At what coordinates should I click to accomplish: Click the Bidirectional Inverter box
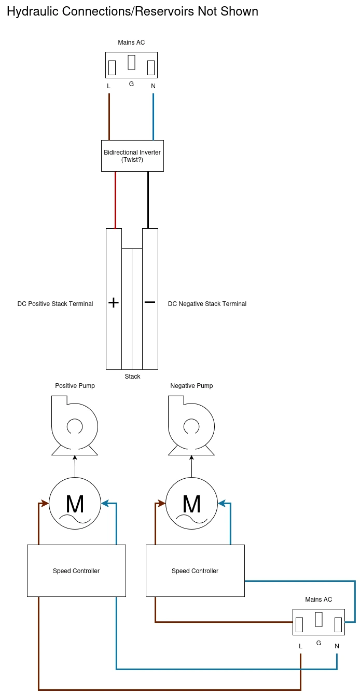pos(132,156)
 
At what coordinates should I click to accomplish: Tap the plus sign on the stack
pos(114,302)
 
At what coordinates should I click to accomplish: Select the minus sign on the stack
pos(150,302)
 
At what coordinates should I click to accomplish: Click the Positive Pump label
pos(75,386)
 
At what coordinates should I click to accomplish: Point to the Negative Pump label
pos(191,386)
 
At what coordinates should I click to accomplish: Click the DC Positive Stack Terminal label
pos(55,304)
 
